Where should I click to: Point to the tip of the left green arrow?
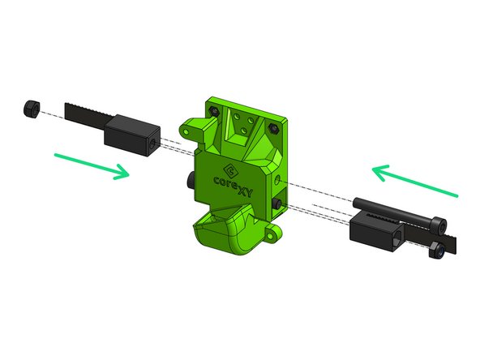point(127,173)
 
